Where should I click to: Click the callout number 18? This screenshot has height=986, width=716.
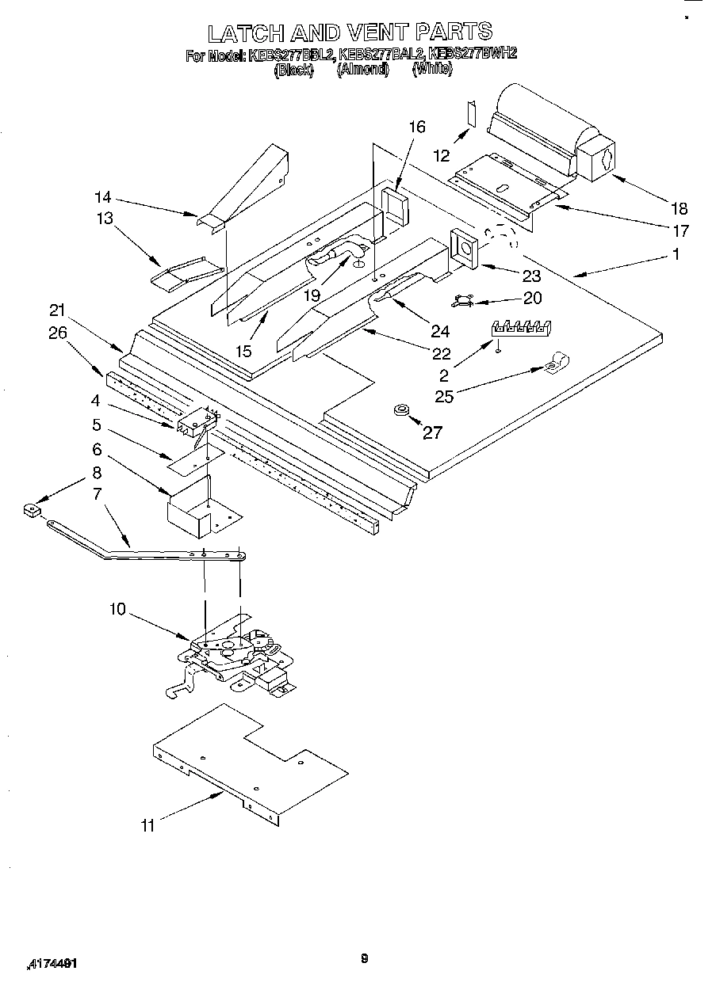pyautogui.click(x=679, y=208)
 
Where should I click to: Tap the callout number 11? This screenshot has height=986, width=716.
pyautogui.click(x=147, y=825)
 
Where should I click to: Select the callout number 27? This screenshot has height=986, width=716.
pyautogui.click(x=432, y=432)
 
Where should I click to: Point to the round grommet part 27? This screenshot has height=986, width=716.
pyautogui.click(x=400, y=409)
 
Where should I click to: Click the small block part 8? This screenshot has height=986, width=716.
pyautogui.click(x=32, y=510)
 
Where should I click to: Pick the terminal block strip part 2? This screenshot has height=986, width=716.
pyautogui.click(x=519, y=327)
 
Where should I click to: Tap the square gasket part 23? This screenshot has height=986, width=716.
pyautogui.click(x=464, y=248)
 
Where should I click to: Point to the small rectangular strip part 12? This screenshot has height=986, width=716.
pyautogui.click(x=471, y=113)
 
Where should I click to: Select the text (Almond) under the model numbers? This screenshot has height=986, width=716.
pyautogui.click(x=362, y=70)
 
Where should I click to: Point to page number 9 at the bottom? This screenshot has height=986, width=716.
pyautogui.click(x=364, y=959)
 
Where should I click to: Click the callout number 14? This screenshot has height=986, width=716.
pyautogui.click(x=103, y=197)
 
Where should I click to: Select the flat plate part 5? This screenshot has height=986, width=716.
pyautogui.click(x=190, y=463)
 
